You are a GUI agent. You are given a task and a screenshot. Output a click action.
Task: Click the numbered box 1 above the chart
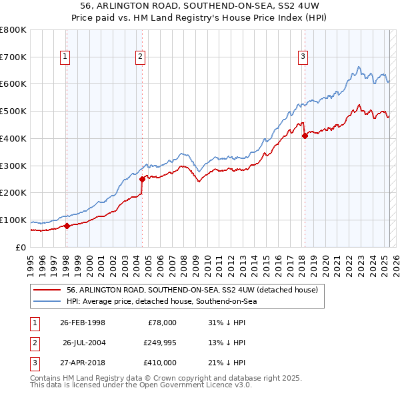(65, 57)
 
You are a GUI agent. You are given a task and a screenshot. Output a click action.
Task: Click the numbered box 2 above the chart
(141, 57)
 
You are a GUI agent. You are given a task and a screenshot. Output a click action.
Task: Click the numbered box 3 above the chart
(303, 57)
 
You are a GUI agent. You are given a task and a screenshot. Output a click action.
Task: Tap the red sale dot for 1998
(67, 226)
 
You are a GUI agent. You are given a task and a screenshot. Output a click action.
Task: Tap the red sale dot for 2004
(142, 179)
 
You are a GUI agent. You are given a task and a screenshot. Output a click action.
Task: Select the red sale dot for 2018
(305, 136)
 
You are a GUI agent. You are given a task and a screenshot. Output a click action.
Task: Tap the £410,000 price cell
(160, 363)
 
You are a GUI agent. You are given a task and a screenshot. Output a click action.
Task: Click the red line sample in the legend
(46, 290)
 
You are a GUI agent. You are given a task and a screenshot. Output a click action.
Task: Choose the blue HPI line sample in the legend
(46, 301)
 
